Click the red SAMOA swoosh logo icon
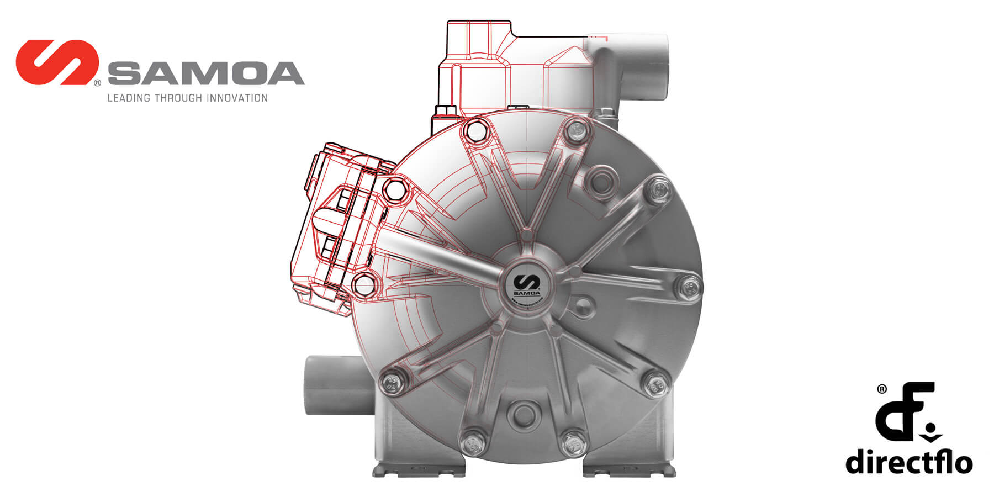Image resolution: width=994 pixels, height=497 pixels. coord(57,62)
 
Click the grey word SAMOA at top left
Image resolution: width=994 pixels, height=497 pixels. coord(206,74)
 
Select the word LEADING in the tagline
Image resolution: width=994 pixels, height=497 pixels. coord(128,98)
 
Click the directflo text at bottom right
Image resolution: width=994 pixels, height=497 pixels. coord(908,461)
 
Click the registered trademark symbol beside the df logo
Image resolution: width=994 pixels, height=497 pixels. coord(882,389)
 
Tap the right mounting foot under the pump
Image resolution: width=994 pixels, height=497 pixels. coord(630,469)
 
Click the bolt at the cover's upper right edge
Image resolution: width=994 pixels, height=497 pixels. coord(658,191)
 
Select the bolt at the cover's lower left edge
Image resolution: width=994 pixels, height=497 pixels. coord(392,382)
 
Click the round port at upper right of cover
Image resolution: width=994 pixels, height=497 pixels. coord(600,180)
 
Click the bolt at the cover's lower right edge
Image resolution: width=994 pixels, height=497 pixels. coord(655,383)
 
